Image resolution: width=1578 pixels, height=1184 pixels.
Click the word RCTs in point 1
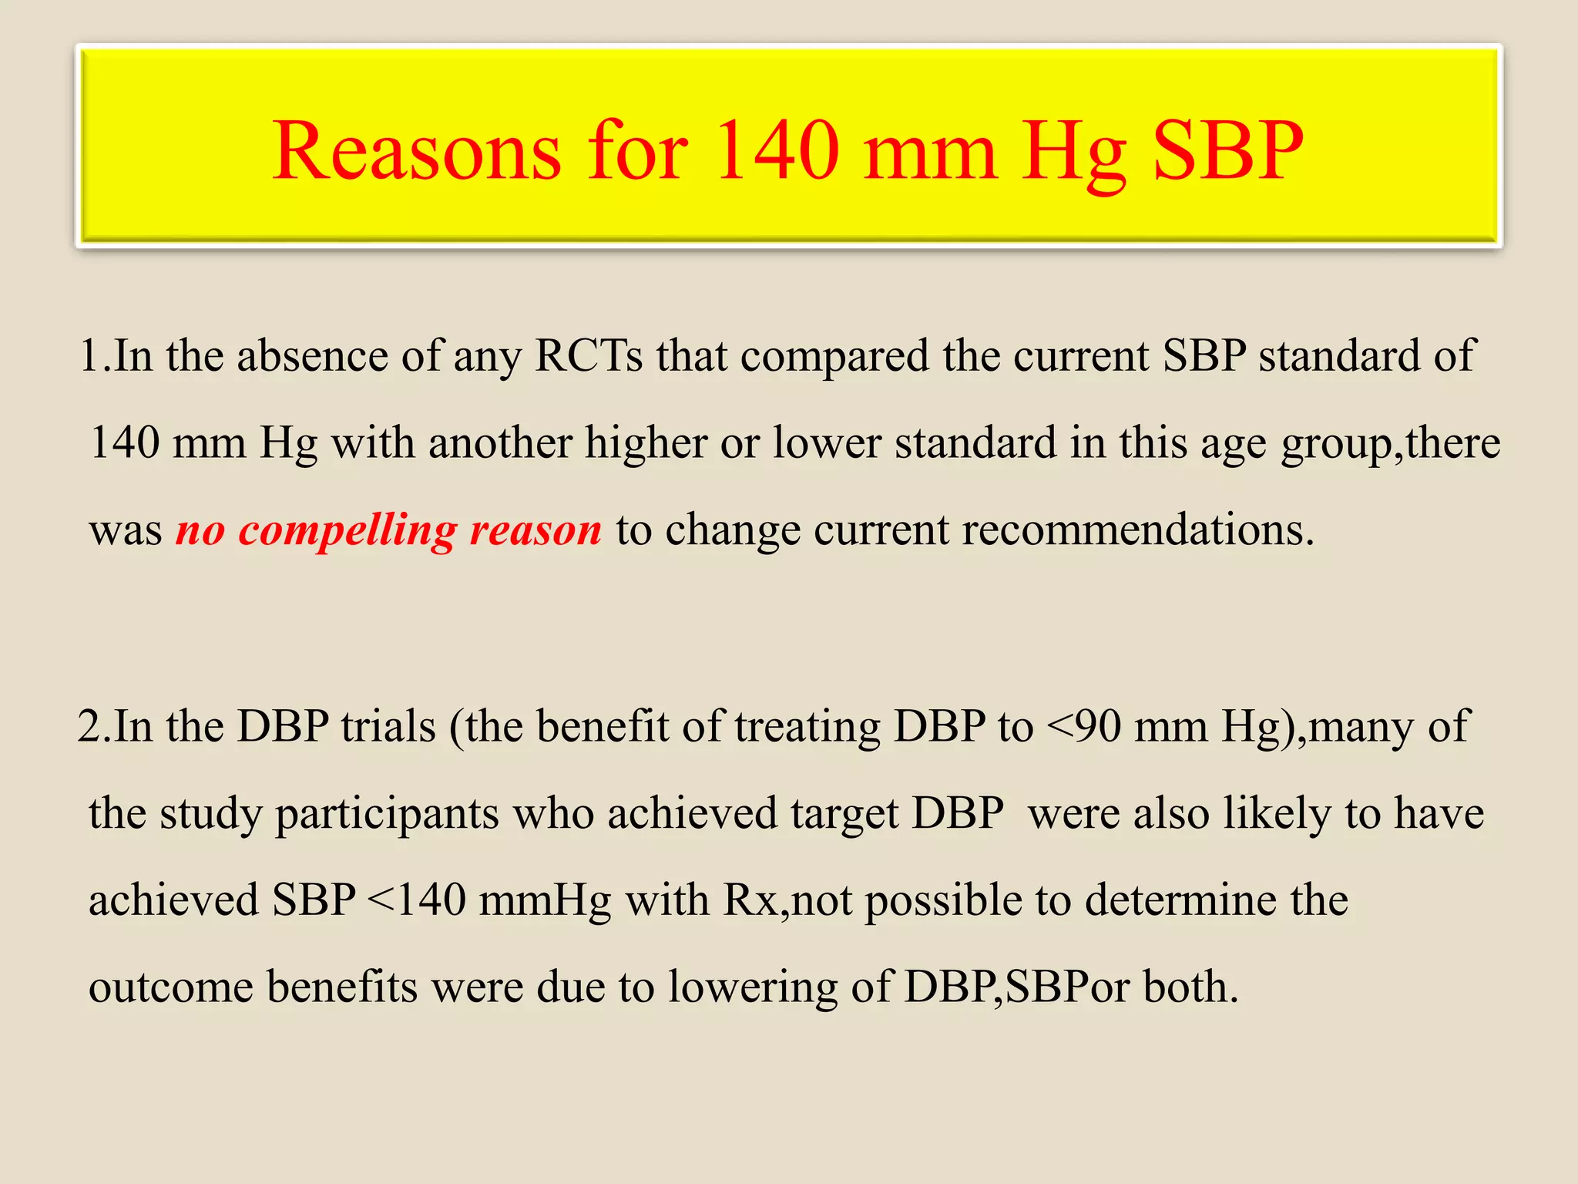coord(589,356)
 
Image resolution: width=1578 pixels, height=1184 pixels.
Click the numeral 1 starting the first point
coord(89,356)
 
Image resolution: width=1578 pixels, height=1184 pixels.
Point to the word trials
coord(388,726)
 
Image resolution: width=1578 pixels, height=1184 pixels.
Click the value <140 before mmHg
coord(417,900)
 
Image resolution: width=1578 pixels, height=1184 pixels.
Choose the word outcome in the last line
coord(171,987)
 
